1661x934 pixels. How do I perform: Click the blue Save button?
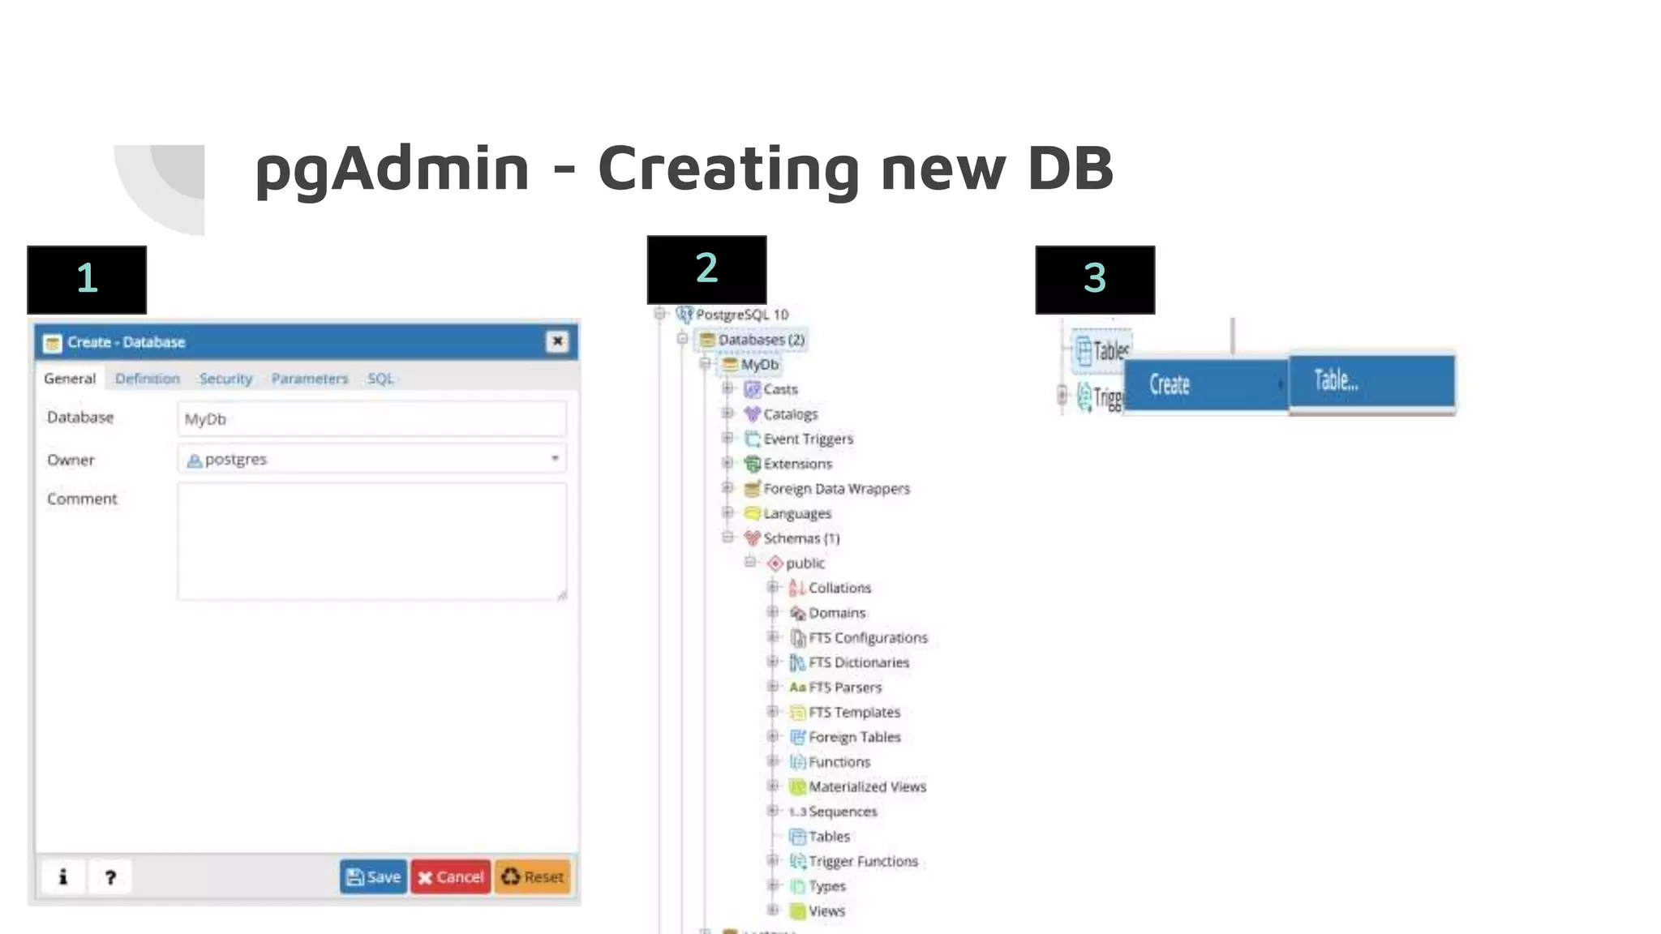tap(373, 876)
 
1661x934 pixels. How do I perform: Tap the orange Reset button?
tap(533, 876)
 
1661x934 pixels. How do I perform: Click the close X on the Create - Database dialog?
tap(557, 341)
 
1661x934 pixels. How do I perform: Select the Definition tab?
tap(147, 379)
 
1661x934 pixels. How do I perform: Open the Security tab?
tap(225, 379)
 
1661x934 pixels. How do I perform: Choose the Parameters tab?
tap(309, 379)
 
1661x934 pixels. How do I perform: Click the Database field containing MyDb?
tap(371, 419)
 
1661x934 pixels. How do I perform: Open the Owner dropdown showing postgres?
tap(371, 459)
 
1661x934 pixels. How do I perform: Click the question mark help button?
tap(110, 876)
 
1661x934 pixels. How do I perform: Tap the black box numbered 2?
tap(706, 269)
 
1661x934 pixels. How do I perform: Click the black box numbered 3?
tap(1095, 279)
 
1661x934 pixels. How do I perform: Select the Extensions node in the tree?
tap(797, 464)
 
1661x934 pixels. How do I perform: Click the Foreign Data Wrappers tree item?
tap(836, 489)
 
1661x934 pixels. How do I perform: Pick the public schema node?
tap(805, 563)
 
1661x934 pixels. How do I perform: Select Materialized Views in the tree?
tap(867, 786)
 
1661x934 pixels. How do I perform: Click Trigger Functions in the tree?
tap(863, 861)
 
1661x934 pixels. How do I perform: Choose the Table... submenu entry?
tap(1371, 381)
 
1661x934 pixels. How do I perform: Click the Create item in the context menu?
tap(1205, 385)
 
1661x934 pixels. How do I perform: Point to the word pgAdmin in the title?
tap(392, 169)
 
